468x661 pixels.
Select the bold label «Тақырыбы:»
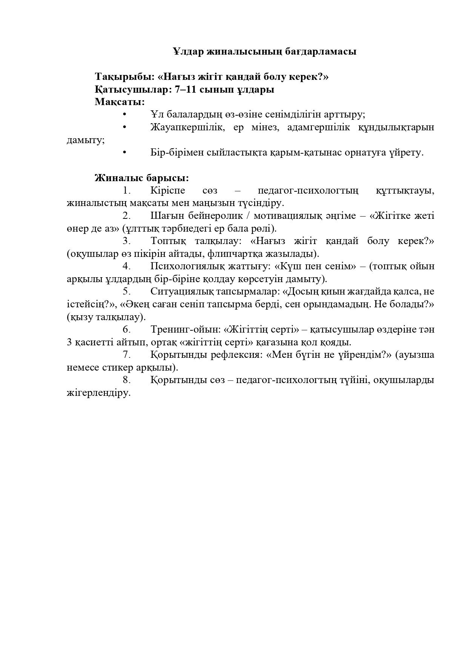(x=124, y=77)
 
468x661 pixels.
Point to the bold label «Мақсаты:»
(x=120, y=102)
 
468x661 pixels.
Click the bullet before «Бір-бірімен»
(x=124, y=153)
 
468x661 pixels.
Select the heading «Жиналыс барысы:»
(x=142, y=178)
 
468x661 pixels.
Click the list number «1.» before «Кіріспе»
(x=127, y=191)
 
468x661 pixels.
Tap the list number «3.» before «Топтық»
(x=127, y=241)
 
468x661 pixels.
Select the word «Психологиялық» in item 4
(x=186, y=266)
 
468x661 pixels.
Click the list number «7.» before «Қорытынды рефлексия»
(x=127, y=355)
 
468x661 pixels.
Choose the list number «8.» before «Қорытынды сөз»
(x=127, y=380)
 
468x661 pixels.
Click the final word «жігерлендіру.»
(x=99, y=393)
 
